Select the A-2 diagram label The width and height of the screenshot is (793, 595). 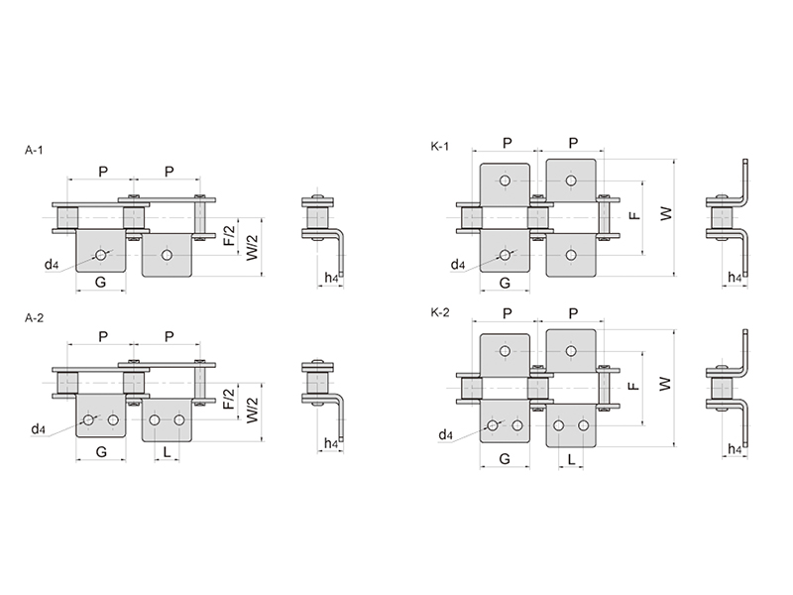34,318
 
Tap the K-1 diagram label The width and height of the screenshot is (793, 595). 441,148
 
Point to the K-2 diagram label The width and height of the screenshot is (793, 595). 441,312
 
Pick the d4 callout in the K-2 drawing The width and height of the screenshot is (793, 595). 445,435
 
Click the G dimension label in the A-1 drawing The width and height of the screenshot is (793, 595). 100,284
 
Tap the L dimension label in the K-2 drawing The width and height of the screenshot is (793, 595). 573,459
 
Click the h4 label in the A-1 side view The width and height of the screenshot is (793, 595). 332,280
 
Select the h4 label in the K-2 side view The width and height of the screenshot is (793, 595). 734,449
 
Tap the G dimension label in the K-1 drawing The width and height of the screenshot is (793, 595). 505,284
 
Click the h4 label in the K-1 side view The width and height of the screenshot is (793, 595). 734,280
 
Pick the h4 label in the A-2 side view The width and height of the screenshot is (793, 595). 332,445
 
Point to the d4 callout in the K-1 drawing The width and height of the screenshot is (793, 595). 457,265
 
